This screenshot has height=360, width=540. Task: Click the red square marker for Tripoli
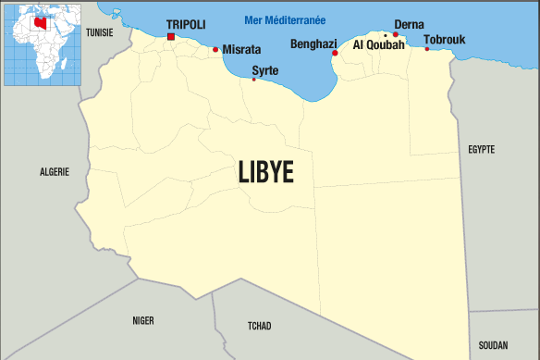click(x=171, y=37)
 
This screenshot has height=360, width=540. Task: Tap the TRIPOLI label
click(x=186, y=24)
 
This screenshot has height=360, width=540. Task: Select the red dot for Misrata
click(x=215, y=50)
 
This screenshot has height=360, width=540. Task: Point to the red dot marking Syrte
click(x=254, y=80)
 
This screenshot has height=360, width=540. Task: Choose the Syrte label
click(x=264, y=69)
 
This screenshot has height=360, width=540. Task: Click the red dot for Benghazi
click(x=335, y=54)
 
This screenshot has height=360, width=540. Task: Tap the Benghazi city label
click(x=313, y=43)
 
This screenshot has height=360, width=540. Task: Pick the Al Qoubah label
click(x=379, y=44)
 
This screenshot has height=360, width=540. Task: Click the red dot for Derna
click(x=396, y=35)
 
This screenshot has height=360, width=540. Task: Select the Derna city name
click(x=409, y=24)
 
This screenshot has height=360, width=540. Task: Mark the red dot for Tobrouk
click(x=427, y=49)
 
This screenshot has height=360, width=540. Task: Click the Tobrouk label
click(x=445, y=40)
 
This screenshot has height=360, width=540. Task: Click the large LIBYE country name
click(x=265, y=172)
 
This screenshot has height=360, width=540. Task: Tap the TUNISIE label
click(x=99, y=32)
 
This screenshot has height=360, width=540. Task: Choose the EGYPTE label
click(x=482, y=149)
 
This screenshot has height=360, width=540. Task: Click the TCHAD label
click(x=260, y=326)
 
